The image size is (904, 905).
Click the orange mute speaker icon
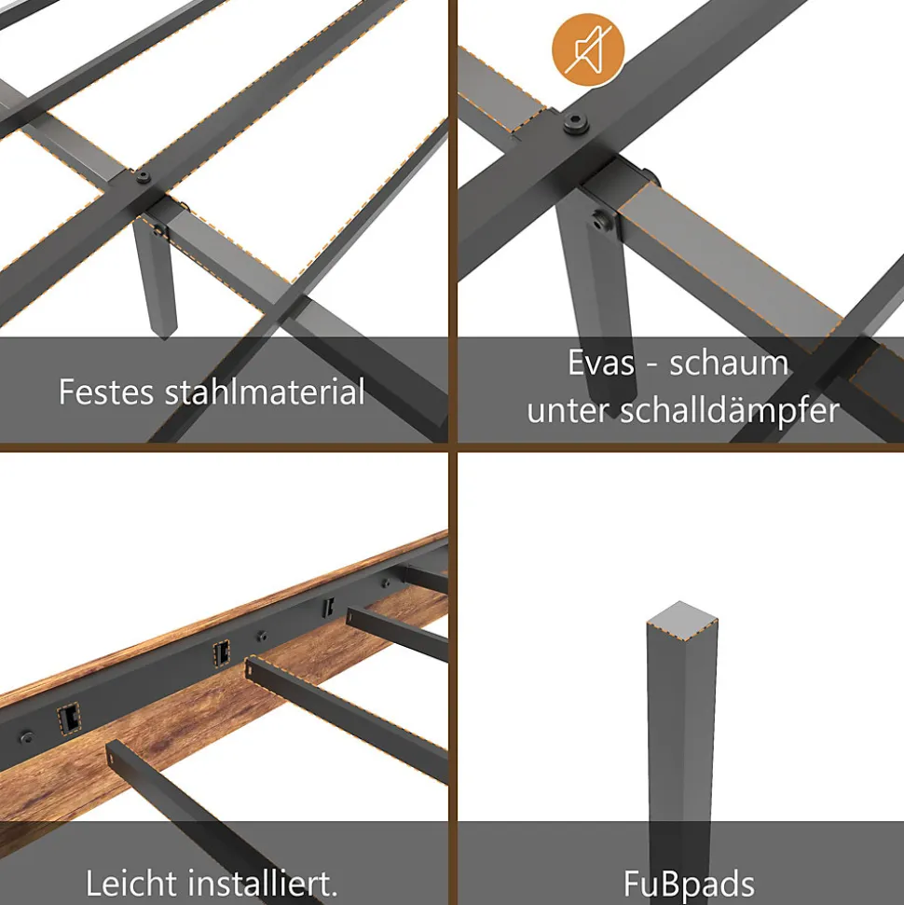point(588,49)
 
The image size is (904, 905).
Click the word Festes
point(106,391)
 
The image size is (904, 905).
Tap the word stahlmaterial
point(265,391)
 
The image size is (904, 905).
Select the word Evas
point(601,363)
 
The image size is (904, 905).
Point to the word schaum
point(729,363)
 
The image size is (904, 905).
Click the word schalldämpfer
point(730,411)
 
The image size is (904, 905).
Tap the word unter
point(568,411)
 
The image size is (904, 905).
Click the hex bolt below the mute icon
point(576,122)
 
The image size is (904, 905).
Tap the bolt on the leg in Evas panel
point(603,221)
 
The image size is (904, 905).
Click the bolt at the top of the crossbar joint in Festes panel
point(144,177)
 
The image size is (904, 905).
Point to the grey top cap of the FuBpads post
point(682,621)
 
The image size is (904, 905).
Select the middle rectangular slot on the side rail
point(221,654)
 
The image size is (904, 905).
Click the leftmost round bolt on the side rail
point(27,737)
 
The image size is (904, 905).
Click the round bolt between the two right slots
point(263,636)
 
